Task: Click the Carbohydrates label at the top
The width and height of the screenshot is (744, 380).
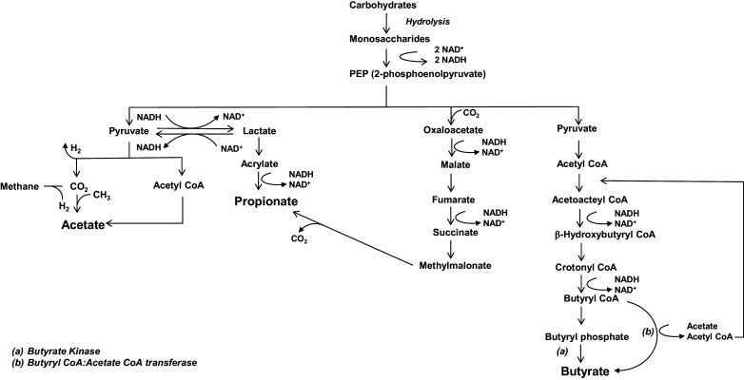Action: tap(386, 7)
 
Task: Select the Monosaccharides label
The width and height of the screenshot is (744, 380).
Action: tap(386, 40)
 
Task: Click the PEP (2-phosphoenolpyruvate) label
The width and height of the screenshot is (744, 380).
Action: tap(387, 72)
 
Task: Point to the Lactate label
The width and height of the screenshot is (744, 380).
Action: tap(260, 130)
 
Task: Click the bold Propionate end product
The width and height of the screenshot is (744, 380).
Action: tap(269, 201)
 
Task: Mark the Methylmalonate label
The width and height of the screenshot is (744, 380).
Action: tap(456, 265)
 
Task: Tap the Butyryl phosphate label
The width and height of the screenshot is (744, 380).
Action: tap(587, 336)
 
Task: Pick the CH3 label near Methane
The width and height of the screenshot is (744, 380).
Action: tap(103, 195)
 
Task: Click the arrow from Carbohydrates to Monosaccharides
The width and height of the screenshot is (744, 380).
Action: tap(386, 23)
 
